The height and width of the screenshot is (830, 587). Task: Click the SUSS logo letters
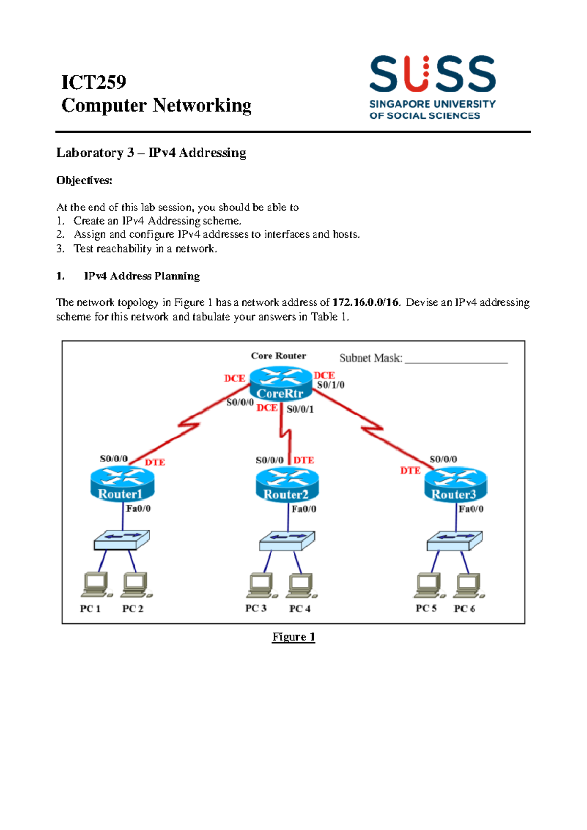(432, 74)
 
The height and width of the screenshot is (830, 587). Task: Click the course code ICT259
(93, 82)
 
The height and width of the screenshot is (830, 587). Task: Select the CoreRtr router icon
(280, 384)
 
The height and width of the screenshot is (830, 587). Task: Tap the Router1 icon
(122, 484)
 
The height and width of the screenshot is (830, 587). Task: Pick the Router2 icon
(287, 484)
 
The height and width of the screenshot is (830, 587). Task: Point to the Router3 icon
(455, 484)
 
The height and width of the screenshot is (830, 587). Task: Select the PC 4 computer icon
(301, 585)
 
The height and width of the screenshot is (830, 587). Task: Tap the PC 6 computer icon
(468, 585)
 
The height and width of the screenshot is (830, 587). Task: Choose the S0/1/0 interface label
(331, 385)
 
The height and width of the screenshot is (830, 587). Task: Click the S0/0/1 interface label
(300, 409)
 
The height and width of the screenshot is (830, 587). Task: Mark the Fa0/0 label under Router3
(471, 509)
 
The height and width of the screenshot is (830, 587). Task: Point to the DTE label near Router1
(155, 462)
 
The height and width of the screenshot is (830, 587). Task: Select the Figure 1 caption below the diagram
(293, 637)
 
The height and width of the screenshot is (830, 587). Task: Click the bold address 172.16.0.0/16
(365, 302)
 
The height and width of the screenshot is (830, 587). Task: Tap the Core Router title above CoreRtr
(278, 356)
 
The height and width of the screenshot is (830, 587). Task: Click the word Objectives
(84, 180)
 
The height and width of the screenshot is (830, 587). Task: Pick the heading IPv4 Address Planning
(142, 276)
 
